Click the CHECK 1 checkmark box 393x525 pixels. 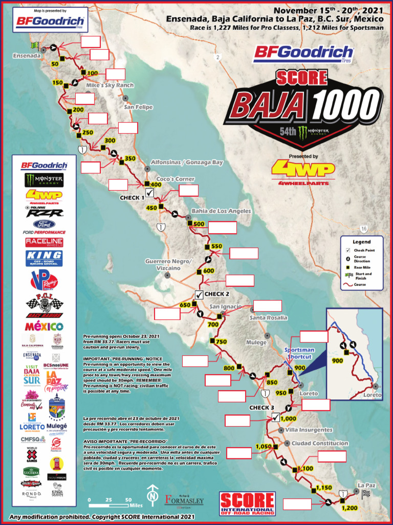[x=150, y=193]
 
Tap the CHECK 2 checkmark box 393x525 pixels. [x=199, y=294]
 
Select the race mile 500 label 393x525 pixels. [x=199, y=224]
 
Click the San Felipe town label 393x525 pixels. [x=139, y=107]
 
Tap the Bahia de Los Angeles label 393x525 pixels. [x=221, y=211]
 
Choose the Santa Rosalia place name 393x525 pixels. [x=268, y=318]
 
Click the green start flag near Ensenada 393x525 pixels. [x=36, y=47]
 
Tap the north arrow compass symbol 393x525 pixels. [x=151, y=496]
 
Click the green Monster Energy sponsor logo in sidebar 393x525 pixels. [x=44, y=180]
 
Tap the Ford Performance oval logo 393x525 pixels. [x=44, y=225]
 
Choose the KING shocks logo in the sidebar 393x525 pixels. [x=44, y=257]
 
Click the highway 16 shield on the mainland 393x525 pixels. [x=363, y=229]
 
